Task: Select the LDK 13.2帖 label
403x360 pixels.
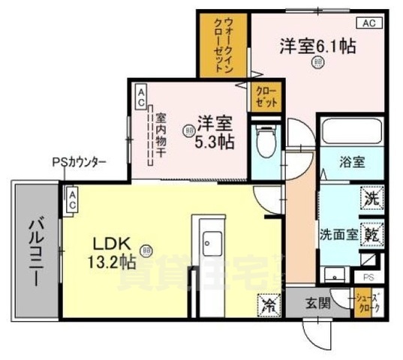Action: [x=113, y=253]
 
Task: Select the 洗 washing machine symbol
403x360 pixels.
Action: [x=371, y=199]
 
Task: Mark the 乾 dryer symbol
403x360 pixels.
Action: [x=371, y=233]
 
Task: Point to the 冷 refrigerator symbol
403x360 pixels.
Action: [x=268, y=303]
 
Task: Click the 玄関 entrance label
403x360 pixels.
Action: [x=317, y=303]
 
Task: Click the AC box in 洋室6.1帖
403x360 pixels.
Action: [x=368, y=23]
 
